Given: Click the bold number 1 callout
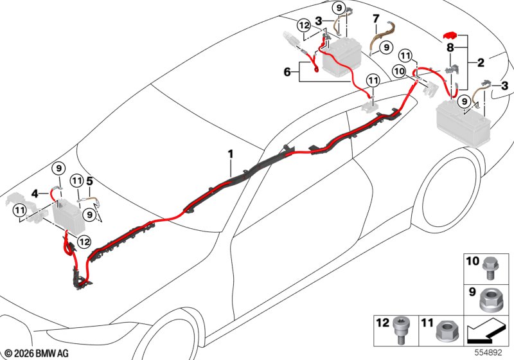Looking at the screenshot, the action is tap(231, 154).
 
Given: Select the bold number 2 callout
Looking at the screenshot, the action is tap(481, 62).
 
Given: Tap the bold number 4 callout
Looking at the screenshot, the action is tap(35, 194).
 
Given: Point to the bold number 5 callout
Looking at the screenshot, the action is tap(89, 181).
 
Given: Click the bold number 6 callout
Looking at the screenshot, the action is tap(287, 71).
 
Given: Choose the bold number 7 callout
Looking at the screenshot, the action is tap(376, 19).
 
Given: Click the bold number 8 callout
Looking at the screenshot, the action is tap(450, 48).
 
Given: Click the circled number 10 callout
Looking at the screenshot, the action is tap(399, 71).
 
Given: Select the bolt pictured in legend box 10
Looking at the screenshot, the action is tap(489, 269).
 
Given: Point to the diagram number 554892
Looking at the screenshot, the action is tap(488, 353).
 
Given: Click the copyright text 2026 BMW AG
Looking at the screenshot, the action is tap(37, 354).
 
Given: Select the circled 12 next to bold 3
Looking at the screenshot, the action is tap(304, 25).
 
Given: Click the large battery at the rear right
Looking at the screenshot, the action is tap(463, 122).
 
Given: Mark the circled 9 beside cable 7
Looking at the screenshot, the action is tap(387, 48).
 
